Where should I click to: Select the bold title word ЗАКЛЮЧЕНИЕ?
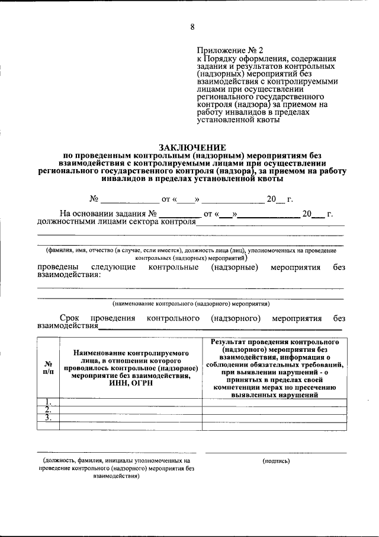(192, 147)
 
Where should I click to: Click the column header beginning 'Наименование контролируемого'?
(131, 368)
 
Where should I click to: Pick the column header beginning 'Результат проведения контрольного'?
(274, 368)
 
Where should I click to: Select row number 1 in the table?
(48, 402)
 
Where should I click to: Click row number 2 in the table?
(48, 409)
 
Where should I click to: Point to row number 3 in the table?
(48, 418)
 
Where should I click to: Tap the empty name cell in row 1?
(131, 402)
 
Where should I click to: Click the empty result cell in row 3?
(274, 418)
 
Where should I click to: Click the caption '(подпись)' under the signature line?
(275, 460)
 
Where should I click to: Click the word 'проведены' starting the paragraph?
(57, 268)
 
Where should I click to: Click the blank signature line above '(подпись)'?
(275, 452)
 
